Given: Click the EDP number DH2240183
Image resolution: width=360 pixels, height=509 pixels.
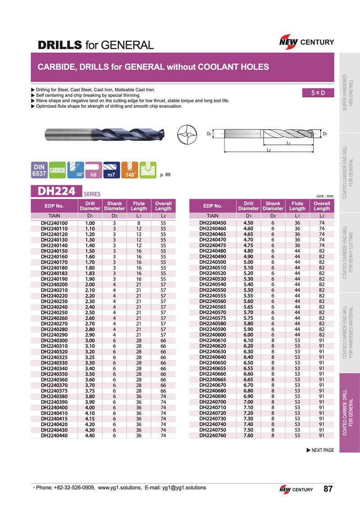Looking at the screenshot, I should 54,273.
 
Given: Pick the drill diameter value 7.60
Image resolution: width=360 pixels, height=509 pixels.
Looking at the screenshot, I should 248,435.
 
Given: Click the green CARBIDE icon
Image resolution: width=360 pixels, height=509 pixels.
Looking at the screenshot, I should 57,170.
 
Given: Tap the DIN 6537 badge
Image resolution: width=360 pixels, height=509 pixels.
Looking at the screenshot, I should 39,170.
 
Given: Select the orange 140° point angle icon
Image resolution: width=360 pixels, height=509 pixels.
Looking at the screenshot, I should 130,170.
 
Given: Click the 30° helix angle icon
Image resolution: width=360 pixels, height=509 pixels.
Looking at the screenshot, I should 75,170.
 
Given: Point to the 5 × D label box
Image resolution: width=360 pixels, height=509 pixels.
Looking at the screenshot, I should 318,93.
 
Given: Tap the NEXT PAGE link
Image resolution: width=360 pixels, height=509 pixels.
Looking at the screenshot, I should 320,450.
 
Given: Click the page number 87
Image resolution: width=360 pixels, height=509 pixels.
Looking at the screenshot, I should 328,489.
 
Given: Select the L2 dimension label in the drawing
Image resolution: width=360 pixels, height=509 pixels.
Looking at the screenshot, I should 268,149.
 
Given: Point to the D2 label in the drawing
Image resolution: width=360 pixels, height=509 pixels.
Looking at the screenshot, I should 209,134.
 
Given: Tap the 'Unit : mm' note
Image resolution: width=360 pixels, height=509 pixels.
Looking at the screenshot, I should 324,196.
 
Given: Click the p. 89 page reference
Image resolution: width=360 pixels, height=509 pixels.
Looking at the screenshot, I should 166,174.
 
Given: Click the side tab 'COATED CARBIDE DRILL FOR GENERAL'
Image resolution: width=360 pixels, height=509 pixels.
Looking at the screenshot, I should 349,413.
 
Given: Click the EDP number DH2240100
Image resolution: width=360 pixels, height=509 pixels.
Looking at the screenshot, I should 54,223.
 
